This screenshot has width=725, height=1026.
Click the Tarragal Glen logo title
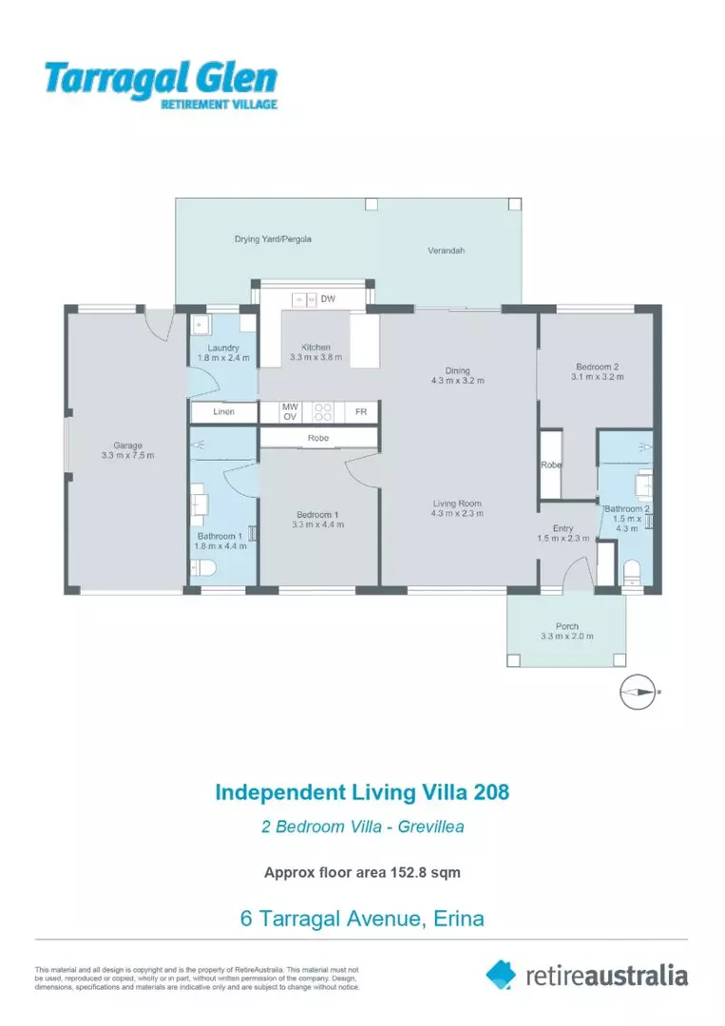click(161, 79)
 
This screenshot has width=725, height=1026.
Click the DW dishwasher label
click(328, 300)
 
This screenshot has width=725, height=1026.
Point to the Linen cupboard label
click(224, 411)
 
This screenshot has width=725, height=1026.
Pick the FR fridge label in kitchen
click(361, 411)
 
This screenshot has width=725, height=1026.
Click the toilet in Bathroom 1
click(203, 568)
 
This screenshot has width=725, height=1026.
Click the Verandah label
click(445, 251)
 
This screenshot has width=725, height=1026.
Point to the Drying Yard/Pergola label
click(273, 239)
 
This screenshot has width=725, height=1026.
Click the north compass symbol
click(638, 692)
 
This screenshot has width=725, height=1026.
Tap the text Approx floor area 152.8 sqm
click(362, 872)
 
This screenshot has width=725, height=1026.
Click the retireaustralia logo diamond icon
click(501, 974)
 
